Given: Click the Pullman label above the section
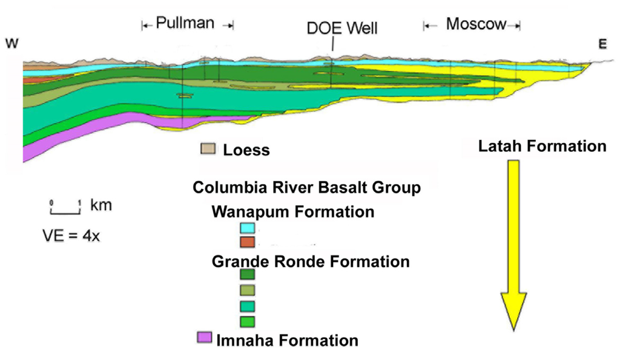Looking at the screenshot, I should click(185, 24).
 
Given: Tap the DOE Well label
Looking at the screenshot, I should click(342, 28).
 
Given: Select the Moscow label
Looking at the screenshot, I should click(475, 24).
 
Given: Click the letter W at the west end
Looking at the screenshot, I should click(12, 43).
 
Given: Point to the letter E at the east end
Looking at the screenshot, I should click(602, 43).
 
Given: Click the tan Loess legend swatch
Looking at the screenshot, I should click(208, 149).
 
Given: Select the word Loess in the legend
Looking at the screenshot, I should click(246, 150).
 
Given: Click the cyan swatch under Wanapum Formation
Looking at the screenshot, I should click(247, 229).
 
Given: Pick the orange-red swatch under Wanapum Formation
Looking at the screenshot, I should click(247, 242).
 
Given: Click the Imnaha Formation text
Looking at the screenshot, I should click(287, 340).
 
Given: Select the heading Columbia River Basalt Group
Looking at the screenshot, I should click(306, 188).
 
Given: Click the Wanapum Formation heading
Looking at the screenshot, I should click(292, 212).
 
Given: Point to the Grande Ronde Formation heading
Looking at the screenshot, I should click(311, 262).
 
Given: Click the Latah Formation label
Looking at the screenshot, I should click(542, 146).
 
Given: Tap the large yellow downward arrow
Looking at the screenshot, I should click(513, 242).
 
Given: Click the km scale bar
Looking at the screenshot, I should click(65, 209).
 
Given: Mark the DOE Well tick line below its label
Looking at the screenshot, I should click(332, 46).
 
